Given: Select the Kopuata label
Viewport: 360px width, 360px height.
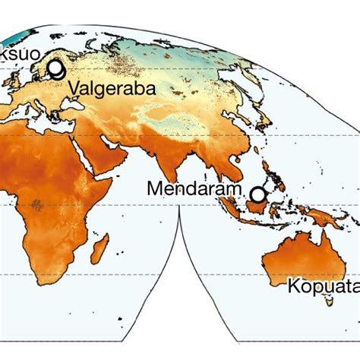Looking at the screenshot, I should [322, 286].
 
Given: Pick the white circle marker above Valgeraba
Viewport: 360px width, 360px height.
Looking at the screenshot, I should [56, 69].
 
